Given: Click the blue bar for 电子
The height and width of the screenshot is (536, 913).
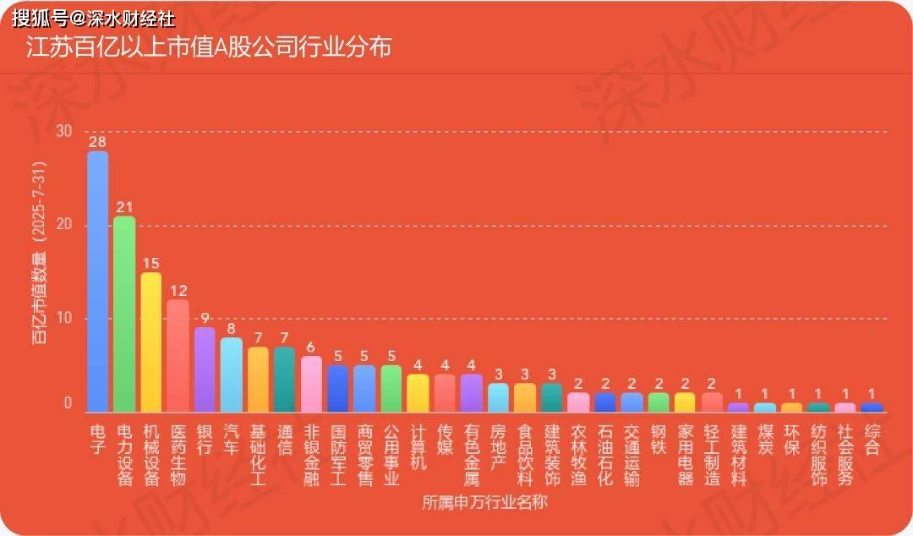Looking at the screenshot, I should tap(98, 282).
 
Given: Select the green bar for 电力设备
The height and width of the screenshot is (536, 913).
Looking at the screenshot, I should tap(124, 314).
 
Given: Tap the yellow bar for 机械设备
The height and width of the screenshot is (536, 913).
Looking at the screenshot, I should tap(151, 342).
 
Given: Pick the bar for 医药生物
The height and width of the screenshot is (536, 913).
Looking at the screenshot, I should tap(178, 356).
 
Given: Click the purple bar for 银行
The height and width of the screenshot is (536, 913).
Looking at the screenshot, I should tap(205, 369).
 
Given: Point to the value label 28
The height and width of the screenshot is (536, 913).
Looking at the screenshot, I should tap(98, 139).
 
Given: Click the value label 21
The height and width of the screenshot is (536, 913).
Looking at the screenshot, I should tap(124, 205).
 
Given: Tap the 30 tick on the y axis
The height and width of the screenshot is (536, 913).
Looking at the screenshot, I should tap(64, 131).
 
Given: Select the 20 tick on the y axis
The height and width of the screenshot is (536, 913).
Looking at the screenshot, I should tap(64, 225).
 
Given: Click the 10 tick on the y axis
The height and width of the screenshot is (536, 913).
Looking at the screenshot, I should tap(64, 319).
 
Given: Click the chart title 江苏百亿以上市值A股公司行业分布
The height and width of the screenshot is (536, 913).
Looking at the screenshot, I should tap(209, 47).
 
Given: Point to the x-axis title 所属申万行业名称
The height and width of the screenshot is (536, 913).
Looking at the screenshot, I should tap(485, 503).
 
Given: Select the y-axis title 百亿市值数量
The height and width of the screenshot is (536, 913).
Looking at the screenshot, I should tap(40, 254).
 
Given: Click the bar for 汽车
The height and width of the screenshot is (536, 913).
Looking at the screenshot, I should tap(232, 375).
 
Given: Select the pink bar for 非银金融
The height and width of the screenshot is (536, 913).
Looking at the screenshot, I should tap(311, 384).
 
